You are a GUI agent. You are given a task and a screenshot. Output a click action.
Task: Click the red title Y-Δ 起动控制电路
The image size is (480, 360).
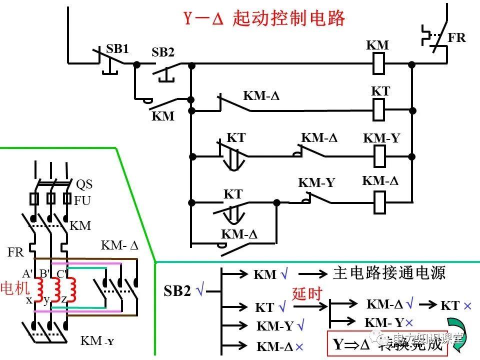coord(264,18)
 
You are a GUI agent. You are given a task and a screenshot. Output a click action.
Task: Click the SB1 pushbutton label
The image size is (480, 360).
coord(117,49)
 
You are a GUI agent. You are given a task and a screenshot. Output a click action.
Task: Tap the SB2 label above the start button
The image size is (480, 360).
coord(163,52)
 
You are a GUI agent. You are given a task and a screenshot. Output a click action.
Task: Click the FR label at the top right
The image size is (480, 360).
coord(456,38)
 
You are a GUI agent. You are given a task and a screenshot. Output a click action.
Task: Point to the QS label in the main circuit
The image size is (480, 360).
coord(84,184)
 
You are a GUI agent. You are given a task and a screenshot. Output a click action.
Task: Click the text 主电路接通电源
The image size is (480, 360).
coord(388,273)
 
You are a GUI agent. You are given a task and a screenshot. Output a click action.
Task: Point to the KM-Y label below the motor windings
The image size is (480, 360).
coord(97,341)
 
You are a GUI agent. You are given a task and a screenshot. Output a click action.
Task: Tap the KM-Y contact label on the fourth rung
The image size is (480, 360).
coord(316,183)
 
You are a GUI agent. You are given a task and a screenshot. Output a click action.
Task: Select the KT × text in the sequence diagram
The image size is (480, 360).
coord(455,305)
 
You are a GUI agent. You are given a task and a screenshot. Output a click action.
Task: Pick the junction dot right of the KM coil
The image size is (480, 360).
coord(411,64)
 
